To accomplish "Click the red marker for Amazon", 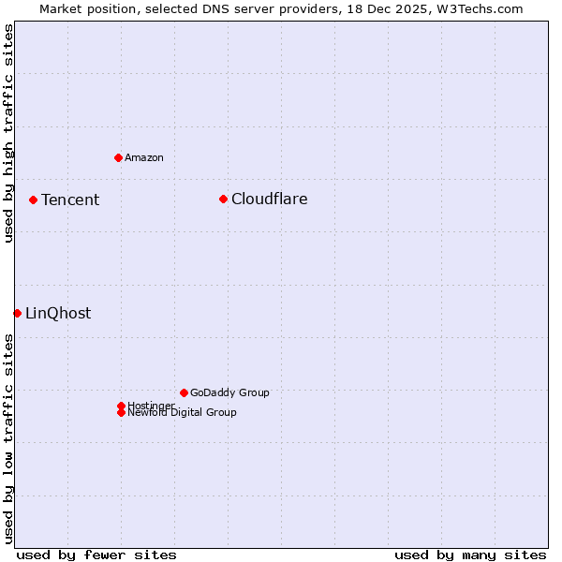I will click(x=118, y=157).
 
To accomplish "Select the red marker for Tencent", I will click(x=33, y=200).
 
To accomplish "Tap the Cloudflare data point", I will click(x=223, y=199).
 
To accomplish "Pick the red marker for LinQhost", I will click(x=17, y=313).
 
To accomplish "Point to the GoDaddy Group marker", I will click(x=184, y=392).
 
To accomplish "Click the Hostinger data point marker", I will click(x=121, y=406).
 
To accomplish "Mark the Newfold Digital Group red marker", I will click(x=121, y=412).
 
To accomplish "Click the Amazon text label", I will click(x=144, y=157).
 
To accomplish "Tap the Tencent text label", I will click(x=70, y=200).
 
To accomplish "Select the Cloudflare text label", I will click(x=269, y=199).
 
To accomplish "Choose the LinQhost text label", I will click(x=58, y=314).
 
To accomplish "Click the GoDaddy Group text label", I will click(x=229, y=392).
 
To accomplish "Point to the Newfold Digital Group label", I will click(x=182, y=412).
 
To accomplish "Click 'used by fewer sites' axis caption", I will click(x=96, y=555).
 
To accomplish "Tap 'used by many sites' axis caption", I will click(x=470, y=555).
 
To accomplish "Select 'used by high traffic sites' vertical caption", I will click(x=8, y=134).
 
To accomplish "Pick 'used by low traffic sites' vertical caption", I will click(x=8, y=438).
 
